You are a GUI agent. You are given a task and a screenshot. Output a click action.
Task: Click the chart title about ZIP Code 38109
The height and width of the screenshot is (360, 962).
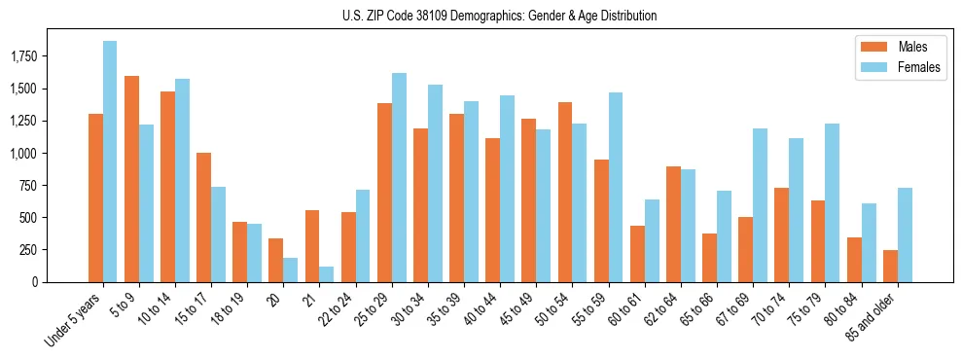pyautogui.click(x=499, y=16)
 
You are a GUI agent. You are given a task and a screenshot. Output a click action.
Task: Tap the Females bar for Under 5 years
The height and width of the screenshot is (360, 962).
pyautogui.click(x=110, y=162)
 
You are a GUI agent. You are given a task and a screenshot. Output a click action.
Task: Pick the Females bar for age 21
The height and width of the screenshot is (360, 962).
pyautogui.click(x=327, y=274)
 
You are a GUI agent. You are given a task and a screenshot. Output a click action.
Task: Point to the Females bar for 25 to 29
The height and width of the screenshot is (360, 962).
pyautogui.click(x=399, y=178)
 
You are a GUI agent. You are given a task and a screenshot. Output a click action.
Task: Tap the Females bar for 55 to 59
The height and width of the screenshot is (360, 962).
pyautogui.click(x=616, y=188)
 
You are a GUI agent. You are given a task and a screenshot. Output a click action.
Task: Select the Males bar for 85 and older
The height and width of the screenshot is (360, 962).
pyautogui.click(x=890, y=266)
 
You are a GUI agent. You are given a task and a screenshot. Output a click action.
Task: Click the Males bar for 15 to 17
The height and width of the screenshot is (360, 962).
pyautogui.click(x=203, y=217)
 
